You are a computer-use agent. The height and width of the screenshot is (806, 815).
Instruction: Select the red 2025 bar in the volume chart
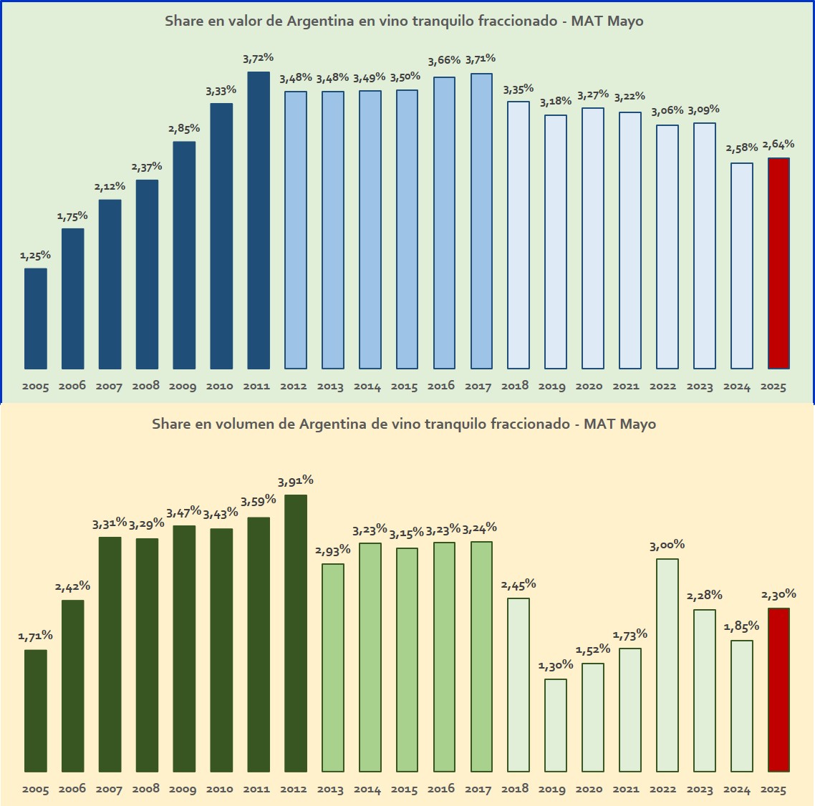(x=778, y=690)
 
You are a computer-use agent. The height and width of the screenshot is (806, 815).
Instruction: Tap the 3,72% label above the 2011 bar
(x=258, y=58)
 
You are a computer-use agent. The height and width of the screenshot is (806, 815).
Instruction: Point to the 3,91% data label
(x=295, y=481)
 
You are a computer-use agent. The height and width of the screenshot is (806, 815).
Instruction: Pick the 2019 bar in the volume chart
(x=555, y=725)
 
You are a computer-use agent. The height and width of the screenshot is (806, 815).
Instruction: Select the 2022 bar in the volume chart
(x=667, y=665)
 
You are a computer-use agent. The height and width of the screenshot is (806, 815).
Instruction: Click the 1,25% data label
(x=35, y=256)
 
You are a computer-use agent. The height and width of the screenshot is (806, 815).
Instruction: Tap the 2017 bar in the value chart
(x=481, y=221)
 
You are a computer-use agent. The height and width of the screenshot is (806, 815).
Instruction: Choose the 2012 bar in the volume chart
(x=295, y=633)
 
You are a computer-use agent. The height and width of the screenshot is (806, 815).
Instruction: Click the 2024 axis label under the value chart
(x=736, y=387)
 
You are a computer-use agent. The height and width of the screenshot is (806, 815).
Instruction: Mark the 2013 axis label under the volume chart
(x=330, y=790)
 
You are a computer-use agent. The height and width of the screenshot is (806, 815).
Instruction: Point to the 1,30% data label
(x=555, y=666)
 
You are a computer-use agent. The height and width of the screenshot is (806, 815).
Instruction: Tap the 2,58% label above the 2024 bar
(x=741, y=149)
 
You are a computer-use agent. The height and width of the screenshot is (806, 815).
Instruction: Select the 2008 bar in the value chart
(x=147, y=274)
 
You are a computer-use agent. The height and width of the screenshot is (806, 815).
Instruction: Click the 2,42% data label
(x=72, y=587)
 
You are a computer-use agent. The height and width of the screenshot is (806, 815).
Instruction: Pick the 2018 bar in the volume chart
(x=519, y=685)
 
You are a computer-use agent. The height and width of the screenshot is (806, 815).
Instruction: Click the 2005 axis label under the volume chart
(x=35, y=790)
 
